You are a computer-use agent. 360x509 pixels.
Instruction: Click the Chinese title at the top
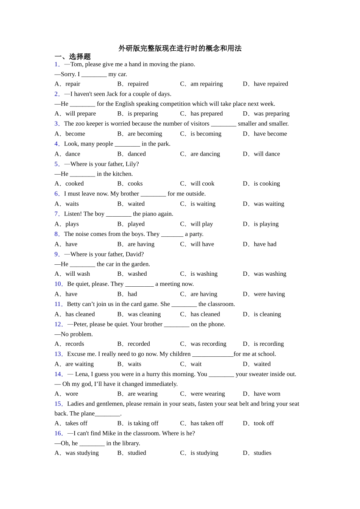180,48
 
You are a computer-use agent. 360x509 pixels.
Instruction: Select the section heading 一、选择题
73,57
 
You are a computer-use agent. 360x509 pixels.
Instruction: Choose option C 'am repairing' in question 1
207,84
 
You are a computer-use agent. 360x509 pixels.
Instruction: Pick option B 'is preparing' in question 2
142,114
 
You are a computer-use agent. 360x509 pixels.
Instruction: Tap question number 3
57,123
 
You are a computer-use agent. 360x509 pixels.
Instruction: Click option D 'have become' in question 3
270,134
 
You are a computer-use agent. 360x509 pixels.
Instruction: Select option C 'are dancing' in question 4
205,154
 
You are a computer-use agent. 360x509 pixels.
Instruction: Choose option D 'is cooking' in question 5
267,184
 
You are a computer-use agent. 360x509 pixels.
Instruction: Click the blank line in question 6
153,194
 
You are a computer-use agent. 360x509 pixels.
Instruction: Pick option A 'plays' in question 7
72,224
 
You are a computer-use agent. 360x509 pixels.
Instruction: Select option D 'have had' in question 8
265,244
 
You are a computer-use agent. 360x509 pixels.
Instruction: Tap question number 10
58,284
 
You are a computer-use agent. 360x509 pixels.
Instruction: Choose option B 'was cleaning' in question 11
144,314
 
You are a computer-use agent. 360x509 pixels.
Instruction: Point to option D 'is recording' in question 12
269,344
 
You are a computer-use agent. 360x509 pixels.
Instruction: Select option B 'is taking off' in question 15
143,423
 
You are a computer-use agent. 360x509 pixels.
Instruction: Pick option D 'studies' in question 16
262,453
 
